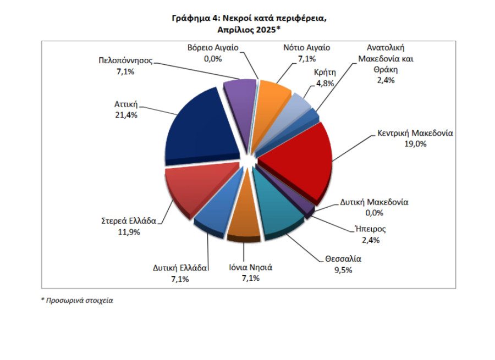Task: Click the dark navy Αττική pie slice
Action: [201, 126]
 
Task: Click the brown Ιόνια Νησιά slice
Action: [244, 225]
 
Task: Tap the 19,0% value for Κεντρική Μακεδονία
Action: [415, 144]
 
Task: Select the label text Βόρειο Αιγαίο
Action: [212, 48]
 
